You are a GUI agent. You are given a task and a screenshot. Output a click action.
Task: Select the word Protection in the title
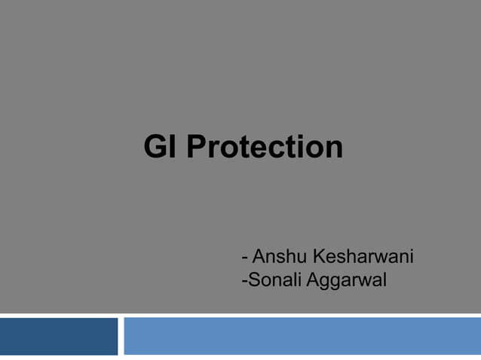coord(264,147)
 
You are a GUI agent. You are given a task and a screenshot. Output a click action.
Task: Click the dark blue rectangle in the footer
coord(59,336)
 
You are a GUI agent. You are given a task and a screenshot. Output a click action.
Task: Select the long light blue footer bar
coord(302,336)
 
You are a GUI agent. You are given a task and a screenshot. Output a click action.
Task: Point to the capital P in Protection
coord(195,147)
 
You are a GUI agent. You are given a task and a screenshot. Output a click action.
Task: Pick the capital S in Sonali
coord(252,281)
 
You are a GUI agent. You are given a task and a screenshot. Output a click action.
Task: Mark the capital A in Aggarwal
coord(311,281)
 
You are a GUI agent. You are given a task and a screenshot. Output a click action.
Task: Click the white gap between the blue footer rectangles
coord(121,336)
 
